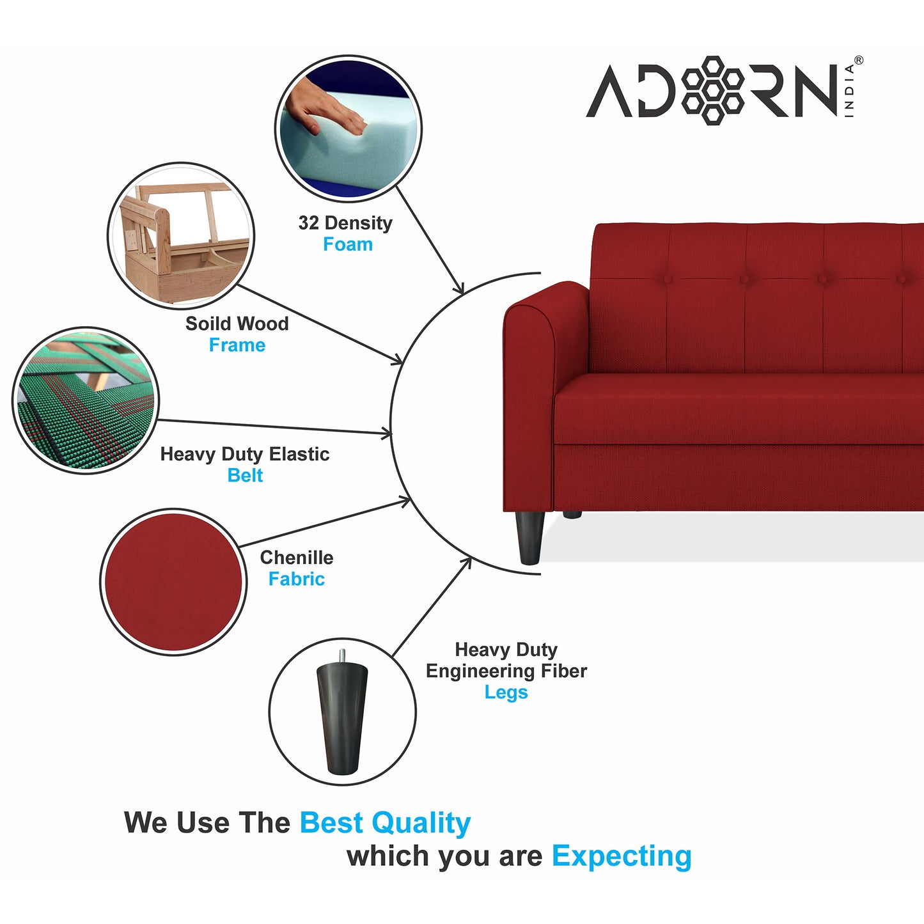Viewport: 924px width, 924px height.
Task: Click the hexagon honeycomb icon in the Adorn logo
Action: [713, 90]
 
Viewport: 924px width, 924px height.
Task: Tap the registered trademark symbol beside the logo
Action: [858, 61]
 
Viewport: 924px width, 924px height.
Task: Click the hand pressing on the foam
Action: [324, 109]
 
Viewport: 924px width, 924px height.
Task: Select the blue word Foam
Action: [348, 244]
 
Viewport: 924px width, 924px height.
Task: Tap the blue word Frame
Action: [237, 345]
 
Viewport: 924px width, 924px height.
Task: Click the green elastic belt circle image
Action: [86, 401]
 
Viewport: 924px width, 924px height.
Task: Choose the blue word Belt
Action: [245, 476]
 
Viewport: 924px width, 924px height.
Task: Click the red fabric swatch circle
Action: [173, 582]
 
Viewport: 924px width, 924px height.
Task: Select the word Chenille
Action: [296, 558]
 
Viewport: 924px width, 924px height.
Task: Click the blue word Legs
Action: [506, 693]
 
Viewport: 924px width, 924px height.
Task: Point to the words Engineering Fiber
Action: [506, 671]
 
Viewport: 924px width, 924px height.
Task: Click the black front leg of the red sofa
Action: [529, 537]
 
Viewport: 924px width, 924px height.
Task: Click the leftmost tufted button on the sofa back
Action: [668, 279]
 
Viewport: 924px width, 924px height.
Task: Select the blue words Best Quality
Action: [385, 823]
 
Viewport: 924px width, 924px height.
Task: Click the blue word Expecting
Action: [622, 856]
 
